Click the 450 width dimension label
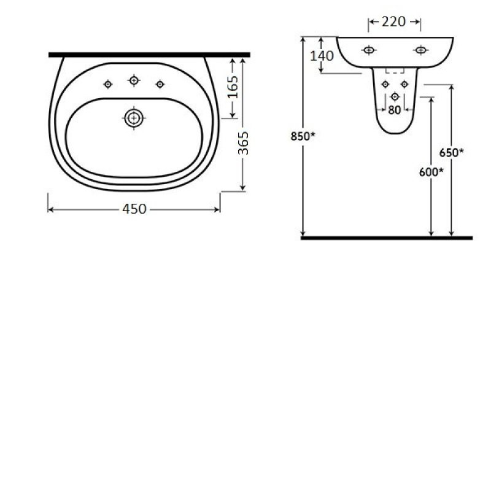pyautogui.click(x=134, y=209)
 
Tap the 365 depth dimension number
pyautogui.click(x=243, y=143)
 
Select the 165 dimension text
pyautogui.click(x=233, y=87)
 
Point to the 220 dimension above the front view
pyautogui.click(x=394, y=22)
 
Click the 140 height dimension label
pyautogui.click(x=322, y=56)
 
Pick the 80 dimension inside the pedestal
pyautogui.click(x=394, y=110)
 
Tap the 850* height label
pyautogui.click(x=303, y=136)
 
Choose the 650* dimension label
pyautogui.click(x=451, y=153)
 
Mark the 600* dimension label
pyautogui.click(x=431, y=172)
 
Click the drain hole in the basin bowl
pyautogui.click(x=134, y=118)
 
